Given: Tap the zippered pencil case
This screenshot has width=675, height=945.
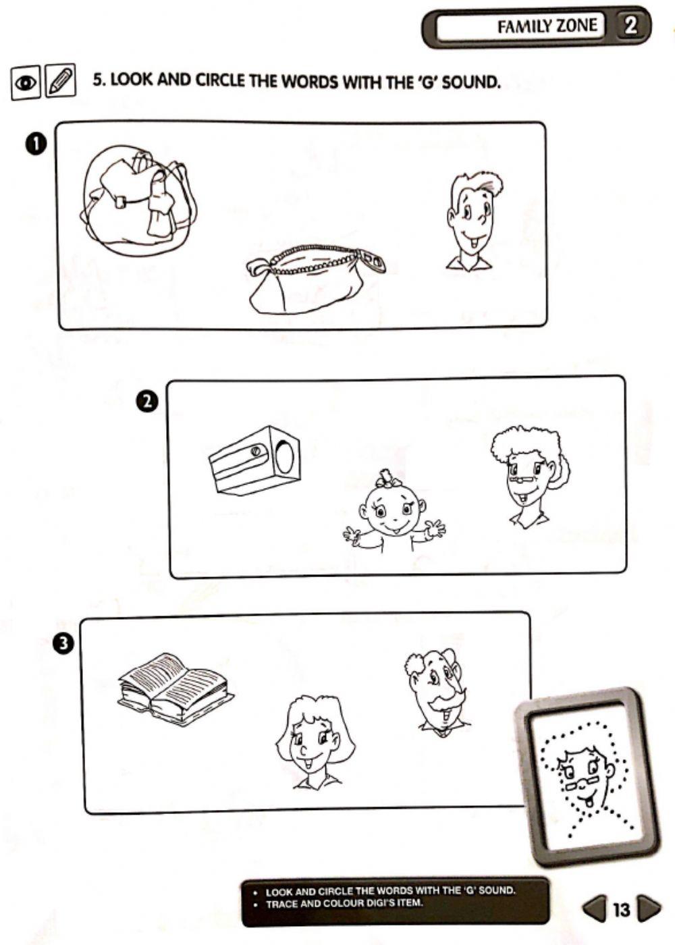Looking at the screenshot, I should tap(314, 280).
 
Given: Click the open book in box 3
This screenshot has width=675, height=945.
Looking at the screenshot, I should tap(175, 688).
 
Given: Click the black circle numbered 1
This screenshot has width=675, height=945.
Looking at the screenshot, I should tap(36, 143).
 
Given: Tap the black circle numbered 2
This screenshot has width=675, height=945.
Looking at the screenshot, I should tap(147, 402).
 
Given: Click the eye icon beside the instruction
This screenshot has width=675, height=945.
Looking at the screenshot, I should tap(26, 82).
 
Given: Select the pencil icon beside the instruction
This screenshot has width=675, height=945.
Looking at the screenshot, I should tap(60, 82).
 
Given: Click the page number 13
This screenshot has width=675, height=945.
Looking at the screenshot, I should tap(621, 910).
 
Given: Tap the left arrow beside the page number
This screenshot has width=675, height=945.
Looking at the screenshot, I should tap(594, 909).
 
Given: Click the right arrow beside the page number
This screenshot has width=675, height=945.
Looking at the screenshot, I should tap(648, 909).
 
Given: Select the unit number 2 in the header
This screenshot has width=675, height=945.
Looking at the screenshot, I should tap(630, 26).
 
